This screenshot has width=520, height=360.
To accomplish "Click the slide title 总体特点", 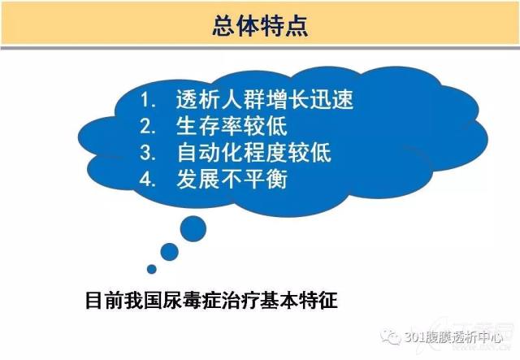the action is point(260,25).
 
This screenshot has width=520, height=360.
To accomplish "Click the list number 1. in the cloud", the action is point(147,99).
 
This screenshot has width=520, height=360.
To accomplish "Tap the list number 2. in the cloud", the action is point(148,126).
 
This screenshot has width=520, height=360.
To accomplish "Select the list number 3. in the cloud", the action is point(148,153).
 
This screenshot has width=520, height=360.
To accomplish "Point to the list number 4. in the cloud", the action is point(148,179).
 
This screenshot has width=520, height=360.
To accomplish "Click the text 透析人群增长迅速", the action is point(265,99).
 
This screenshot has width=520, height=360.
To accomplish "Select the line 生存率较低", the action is point(232,126).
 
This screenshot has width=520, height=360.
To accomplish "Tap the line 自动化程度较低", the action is point(253,153).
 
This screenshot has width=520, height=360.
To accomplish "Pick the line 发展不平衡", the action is point(232,179).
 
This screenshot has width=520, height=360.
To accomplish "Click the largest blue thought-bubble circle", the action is point(193,228).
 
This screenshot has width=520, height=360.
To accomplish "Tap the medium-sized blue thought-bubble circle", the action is point(170,252).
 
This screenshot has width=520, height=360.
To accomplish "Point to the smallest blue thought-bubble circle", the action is point(152,269).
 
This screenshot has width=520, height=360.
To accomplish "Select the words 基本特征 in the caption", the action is point(299,300).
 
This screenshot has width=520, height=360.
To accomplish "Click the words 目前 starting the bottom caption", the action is point(105,300).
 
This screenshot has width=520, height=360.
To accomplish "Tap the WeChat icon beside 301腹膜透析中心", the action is point(391,337).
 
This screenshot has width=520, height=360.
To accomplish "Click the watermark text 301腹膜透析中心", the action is point(453,337).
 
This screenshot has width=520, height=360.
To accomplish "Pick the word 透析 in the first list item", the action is point(198,99).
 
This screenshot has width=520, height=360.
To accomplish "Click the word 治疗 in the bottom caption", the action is point(240,300).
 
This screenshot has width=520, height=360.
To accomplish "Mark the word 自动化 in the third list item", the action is point(210,153).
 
